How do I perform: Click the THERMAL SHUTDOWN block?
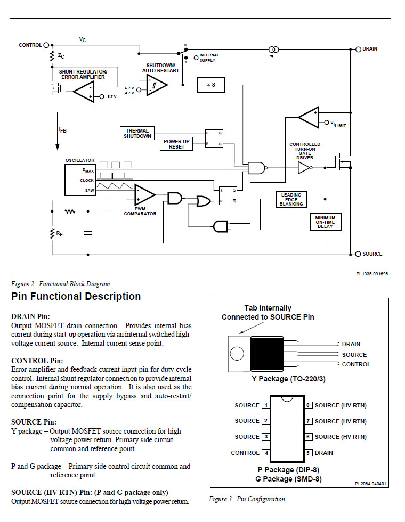(x=137, y=133)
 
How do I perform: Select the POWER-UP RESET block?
(x=177, y=144)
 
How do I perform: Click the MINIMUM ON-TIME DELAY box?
(x=325, y=221)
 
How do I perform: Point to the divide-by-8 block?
(x=210, y=85)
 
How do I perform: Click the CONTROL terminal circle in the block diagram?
(x=46, y=45)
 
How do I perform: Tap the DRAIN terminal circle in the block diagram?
(x=358, y=49)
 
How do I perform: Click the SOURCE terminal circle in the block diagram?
(x=358, y=254)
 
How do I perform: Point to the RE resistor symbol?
(x=52, y=233)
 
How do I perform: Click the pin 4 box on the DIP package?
(x=265, y=453)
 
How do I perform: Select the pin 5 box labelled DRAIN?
(x=308, y=453)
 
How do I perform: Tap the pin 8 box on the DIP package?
(x=308, y=405)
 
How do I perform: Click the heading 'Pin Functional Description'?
(x=76, y=297)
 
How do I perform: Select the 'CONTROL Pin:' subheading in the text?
(x=37, y=361)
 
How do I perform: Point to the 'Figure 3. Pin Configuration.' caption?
(x=248, y=499)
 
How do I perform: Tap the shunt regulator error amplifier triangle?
(x=84, y=93)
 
